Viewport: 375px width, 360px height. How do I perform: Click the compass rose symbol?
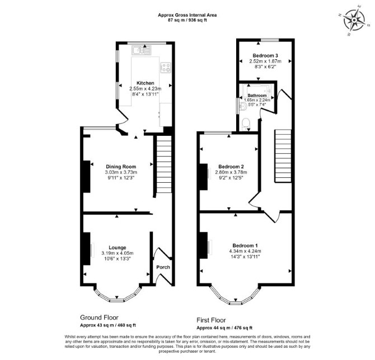point(354,20)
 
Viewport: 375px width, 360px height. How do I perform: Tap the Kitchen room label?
point(145,83)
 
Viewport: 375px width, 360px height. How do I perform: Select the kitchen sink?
point(142,50)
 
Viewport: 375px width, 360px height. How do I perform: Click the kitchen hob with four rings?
point(166,67)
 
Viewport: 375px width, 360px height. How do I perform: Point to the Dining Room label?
point(121,167)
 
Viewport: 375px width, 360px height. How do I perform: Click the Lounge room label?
point(118,248)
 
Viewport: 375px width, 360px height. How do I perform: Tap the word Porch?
point(163,267)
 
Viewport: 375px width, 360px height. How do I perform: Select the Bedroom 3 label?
point(265,55)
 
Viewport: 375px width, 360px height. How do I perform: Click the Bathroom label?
point(257,96)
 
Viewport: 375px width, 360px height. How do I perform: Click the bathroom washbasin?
point(242,106)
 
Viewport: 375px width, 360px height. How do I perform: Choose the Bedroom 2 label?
point(231,167)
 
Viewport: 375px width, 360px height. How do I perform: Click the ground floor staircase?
point(164,164)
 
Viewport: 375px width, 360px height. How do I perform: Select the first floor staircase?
point(283,156)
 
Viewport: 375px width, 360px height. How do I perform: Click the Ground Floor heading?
point(99,318)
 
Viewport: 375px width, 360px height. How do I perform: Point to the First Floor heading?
point(211,320)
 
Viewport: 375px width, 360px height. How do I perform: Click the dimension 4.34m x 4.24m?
point(245,251)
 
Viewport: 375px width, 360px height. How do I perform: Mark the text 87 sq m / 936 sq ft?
point(187,20)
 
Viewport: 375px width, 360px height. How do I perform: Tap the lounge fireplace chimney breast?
point(87,248)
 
